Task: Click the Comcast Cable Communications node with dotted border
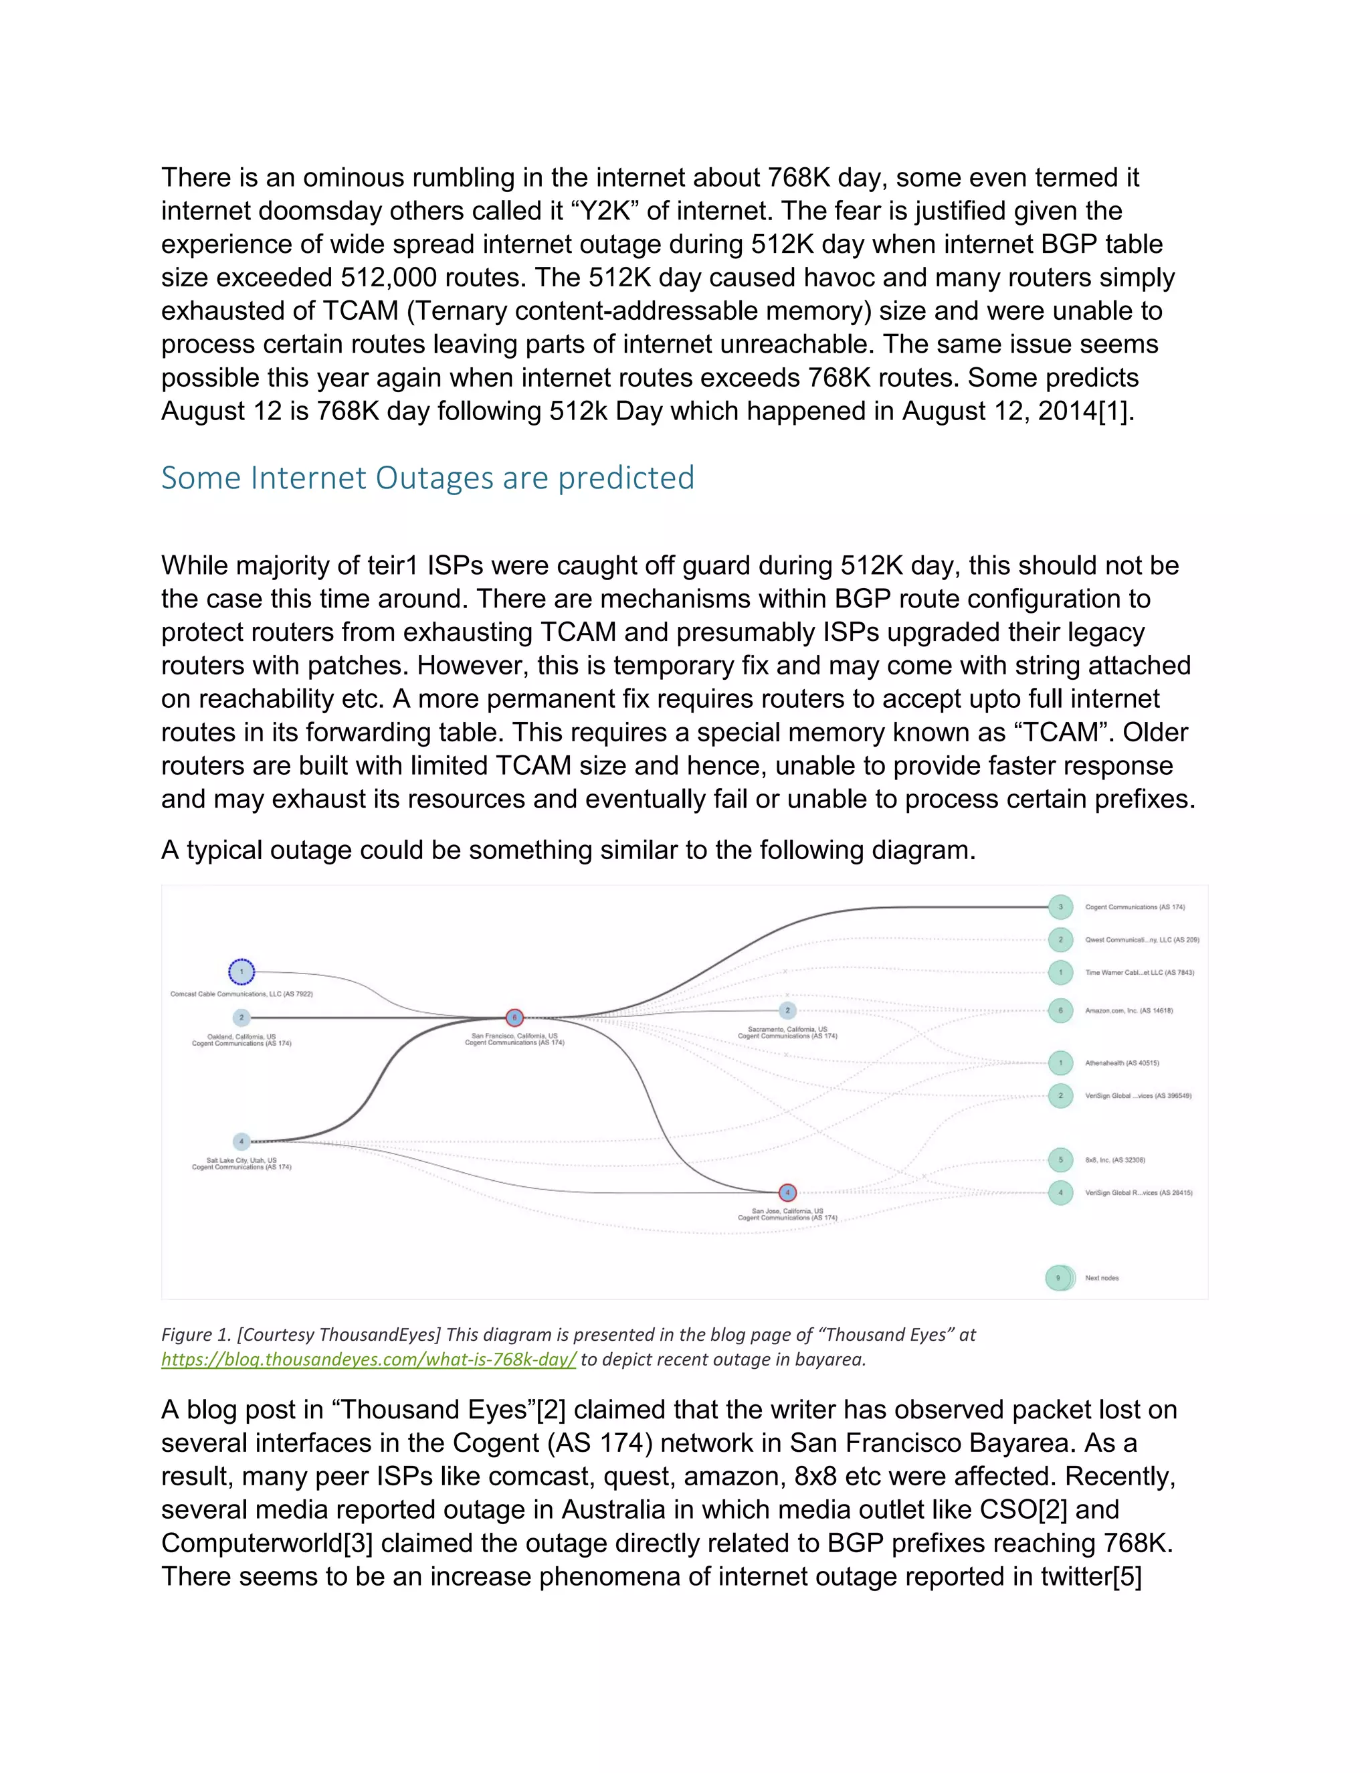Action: point(241,971)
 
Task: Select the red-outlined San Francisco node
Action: point(514,1017)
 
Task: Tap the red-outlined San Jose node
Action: point(787,1192)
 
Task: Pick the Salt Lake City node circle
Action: point(241,1141)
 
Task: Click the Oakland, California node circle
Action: point(241,1017)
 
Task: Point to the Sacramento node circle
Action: point(787,1011)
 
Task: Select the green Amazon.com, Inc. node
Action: point(1060,1011)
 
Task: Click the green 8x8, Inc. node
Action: point(1060,1160)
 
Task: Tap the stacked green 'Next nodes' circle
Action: point(1058,1278)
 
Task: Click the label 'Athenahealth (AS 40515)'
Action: point(1122,1062)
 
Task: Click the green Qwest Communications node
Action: point(1060,939)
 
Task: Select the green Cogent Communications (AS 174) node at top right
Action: point(1060,907)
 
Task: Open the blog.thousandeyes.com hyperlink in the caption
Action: point(369,1359)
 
